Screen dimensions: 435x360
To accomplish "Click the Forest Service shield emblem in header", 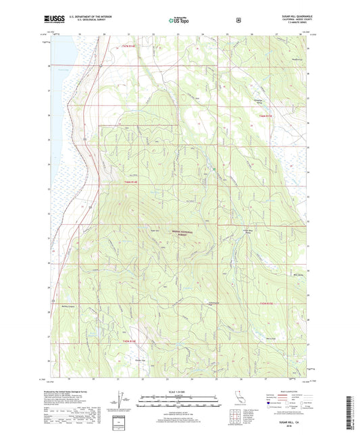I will point(238,20).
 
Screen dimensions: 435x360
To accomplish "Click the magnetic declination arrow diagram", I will point(111,404).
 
